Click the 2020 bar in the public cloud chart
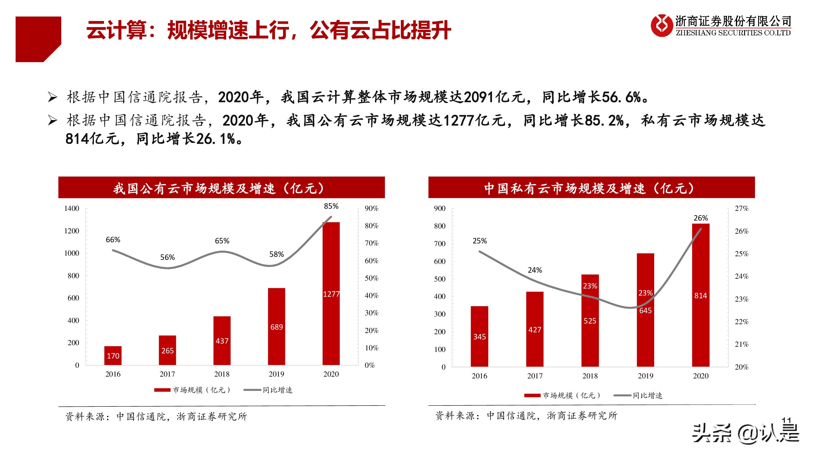pos(331,293)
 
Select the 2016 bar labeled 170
pos(113,356)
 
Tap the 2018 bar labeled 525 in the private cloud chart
pos(590,321)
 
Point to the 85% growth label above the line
pos(331,206)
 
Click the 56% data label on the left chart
pos(167,257)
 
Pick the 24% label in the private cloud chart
pos(535,270)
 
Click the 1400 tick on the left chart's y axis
pos(72,208)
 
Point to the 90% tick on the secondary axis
pos(371,208)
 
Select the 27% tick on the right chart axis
pos(741,208)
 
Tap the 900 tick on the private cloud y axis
pos(439,208)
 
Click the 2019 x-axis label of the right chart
pos(645,376)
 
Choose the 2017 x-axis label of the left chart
pos(167,374)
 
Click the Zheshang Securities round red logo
pos(661,25)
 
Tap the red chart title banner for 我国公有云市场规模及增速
pos(221,188)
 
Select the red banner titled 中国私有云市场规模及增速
pos(591,188)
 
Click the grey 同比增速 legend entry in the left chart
pos(268,390)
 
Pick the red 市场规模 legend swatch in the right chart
pos(532,395)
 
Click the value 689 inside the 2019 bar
pos(276,327)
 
